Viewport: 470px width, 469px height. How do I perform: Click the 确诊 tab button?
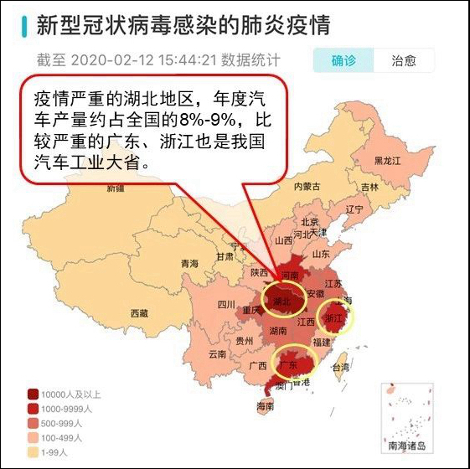343,60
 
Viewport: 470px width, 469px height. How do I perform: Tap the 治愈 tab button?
405,60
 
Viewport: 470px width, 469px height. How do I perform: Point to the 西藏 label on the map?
139,313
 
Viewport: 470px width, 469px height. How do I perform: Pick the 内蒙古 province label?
307,186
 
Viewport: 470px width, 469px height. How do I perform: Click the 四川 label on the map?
226,304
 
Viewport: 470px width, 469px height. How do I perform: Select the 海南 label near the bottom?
265,406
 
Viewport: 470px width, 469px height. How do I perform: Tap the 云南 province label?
217,354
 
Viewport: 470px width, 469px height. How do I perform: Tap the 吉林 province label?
369,187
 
